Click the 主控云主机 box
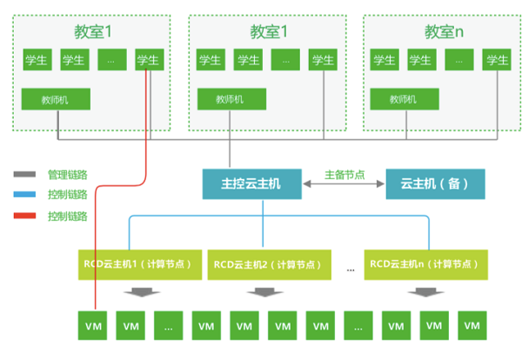[252, 183]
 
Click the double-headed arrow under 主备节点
[344, 184]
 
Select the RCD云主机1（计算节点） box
[137, 264]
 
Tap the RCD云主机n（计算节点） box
[422, 264]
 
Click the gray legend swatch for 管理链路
[25, 174]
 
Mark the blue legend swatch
[25, 194]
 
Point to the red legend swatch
[25, 215]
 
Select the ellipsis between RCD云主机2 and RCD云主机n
[350, 269]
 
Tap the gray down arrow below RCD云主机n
[422, 292]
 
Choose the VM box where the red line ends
[94, 325]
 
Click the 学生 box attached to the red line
[149, 60]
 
